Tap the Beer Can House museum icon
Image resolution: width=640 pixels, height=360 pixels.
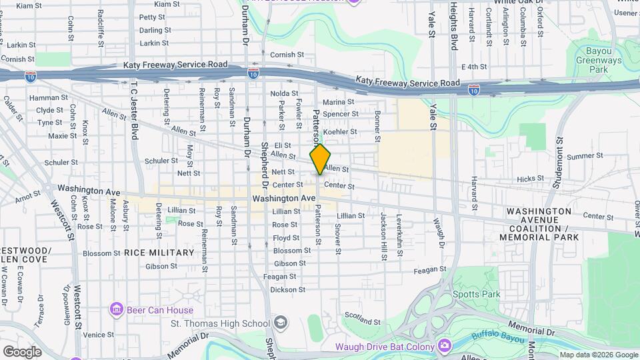(117, 310)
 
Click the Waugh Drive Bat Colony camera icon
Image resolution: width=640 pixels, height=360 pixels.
(445, 346)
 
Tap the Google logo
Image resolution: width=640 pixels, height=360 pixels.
(22, 351)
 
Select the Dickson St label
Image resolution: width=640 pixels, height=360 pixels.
(288, 290)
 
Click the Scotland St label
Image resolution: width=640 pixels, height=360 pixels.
(363, 322)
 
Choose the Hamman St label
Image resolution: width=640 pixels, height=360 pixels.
(45, 98)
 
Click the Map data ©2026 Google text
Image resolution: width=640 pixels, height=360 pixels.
(598, 355)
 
